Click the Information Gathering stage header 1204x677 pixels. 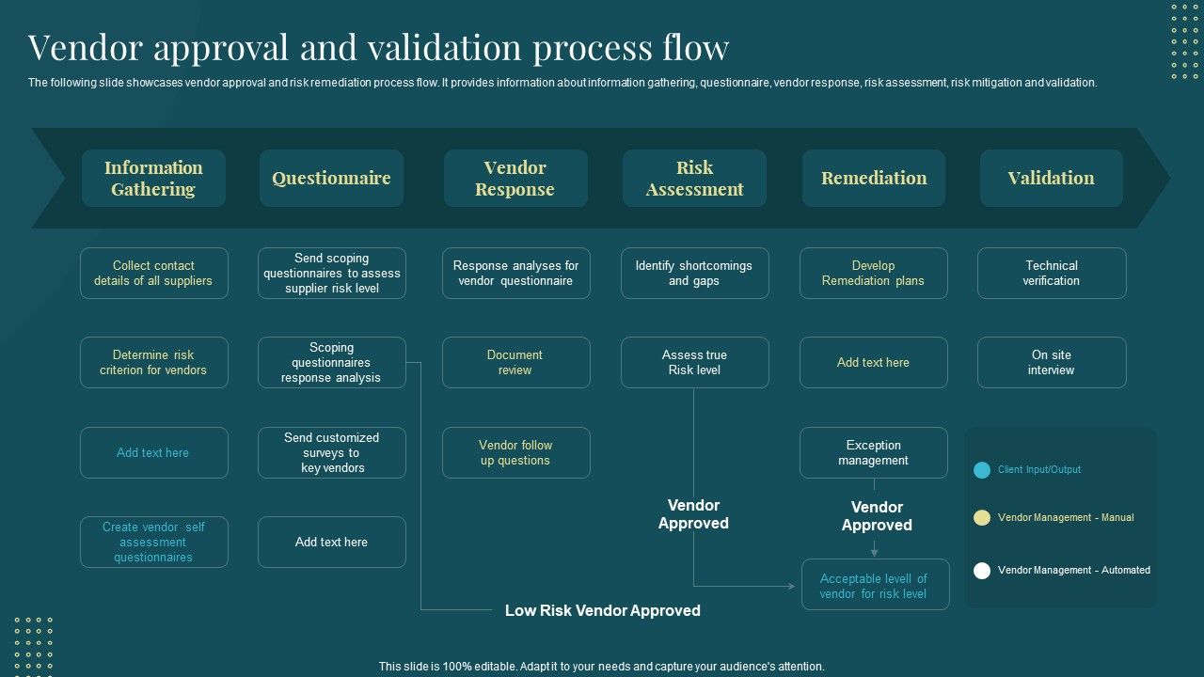coord(153,179)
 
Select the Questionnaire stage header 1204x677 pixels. coord(331,179)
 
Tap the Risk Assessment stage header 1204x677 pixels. coord(694,179)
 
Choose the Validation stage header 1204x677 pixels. coord(1051,179)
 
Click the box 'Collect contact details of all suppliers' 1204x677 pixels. coord(153,274)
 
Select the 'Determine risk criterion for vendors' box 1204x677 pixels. coord(153,363)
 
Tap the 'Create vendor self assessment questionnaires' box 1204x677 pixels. coord(153,543)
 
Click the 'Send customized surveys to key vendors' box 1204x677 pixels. coord(331,453)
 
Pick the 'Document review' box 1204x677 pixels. coord(515,363)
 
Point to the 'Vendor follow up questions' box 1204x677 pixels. coord(515,453)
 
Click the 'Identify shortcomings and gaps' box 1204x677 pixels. coord(694,274)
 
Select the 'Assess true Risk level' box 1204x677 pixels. coord(694,363)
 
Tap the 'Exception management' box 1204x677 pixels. coord(873,453)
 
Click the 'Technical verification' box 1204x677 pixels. coord(1051,274)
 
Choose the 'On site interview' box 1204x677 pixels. coord(1051,363)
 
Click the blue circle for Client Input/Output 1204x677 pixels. coord(982,470)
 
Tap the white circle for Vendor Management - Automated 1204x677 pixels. coord(982,571)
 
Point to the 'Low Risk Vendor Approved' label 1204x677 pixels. coord(602,611)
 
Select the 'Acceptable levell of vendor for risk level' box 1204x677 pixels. coord(874,586)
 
